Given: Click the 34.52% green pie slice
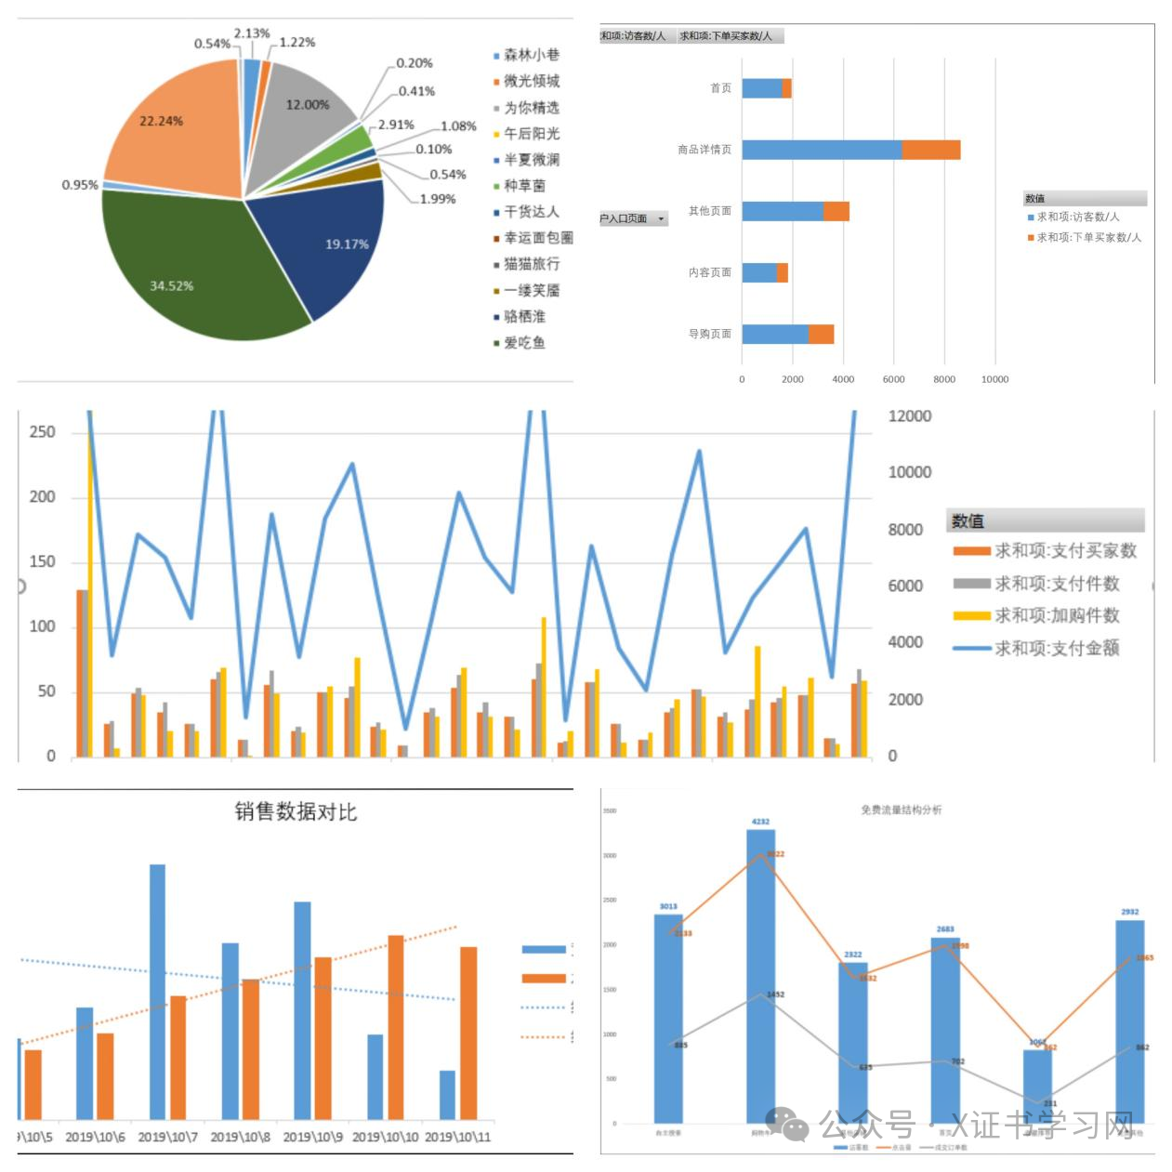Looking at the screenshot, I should (x=186, y=270).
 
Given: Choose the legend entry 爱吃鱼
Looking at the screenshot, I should (x=524, y=343).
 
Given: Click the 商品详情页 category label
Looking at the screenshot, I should (x=704, y=150).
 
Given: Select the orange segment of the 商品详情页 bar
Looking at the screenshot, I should (x=930, y=150).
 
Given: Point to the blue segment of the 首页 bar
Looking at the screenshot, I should (x=761, y=88).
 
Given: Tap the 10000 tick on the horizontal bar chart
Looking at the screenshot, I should (x=994, y=379).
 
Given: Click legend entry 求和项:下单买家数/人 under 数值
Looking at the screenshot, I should (x=1088, y=238).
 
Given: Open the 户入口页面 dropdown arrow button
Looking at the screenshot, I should (x=661, y=219).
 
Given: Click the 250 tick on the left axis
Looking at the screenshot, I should (x=43, y=432).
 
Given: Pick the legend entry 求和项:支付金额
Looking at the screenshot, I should (x=1057, y=648).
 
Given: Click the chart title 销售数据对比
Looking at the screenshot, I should (x=296, y=812).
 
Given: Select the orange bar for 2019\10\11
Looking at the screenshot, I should (x=468, y=1033).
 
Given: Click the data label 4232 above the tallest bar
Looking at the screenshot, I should (x=760, y=822).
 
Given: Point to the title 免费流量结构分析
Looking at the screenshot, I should (x=901, y=810).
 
